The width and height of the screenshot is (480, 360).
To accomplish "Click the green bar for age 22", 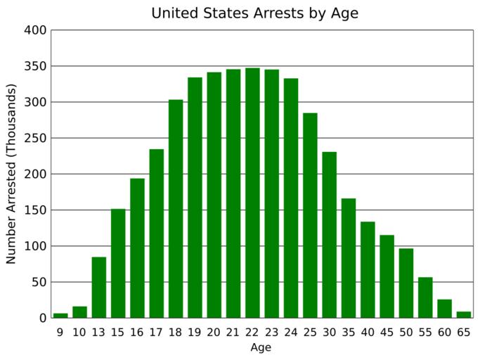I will [x=252, y=193].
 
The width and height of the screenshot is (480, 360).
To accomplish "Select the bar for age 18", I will [x=176, y=209].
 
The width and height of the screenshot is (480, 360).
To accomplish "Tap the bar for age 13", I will [x=99, y=288].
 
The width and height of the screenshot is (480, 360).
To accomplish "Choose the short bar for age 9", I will [x=60, y=316].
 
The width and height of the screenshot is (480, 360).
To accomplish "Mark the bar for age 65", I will [x=463, y=315].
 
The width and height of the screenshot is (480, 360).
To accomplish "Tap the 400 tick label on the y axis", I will [x=35, y=30].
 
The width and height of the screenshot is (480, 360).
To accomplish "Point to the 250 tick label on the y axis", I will [x=35, y=139].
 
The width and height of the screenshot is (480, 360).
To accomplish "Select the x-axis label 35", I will [x=349, y=331].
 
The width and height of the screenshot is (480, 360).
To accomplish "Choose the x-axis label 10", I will [x=79, y=331].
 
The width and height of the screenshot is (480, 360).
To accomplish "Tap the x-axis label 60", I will [x=444, y=331].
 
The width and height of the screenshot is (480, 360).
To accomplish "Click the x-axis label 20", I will [x=214, y=331].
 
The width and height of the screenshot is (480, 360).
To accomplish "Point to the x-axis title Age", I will [x=261, y=347].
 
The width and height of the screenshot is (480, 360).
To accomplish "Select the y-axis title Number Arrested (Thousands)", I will [x=11, y=174].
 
